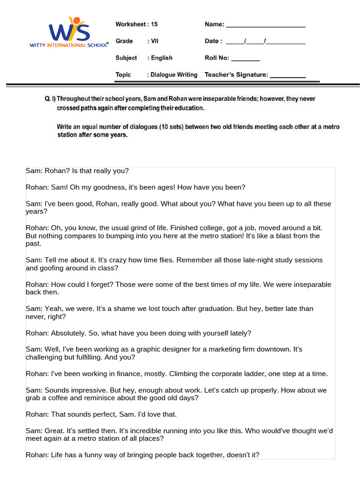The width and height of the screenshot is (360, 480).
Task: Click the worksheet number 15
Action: [x=154, y=24]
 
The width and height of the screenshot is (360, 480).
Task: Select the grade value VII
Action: [x=155, y=41]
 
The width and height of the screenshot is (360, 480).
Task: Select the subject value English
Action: [x=162, y=58]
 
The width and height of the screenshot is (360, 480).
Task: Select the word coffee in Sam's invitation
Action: [x=60, y=398]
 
